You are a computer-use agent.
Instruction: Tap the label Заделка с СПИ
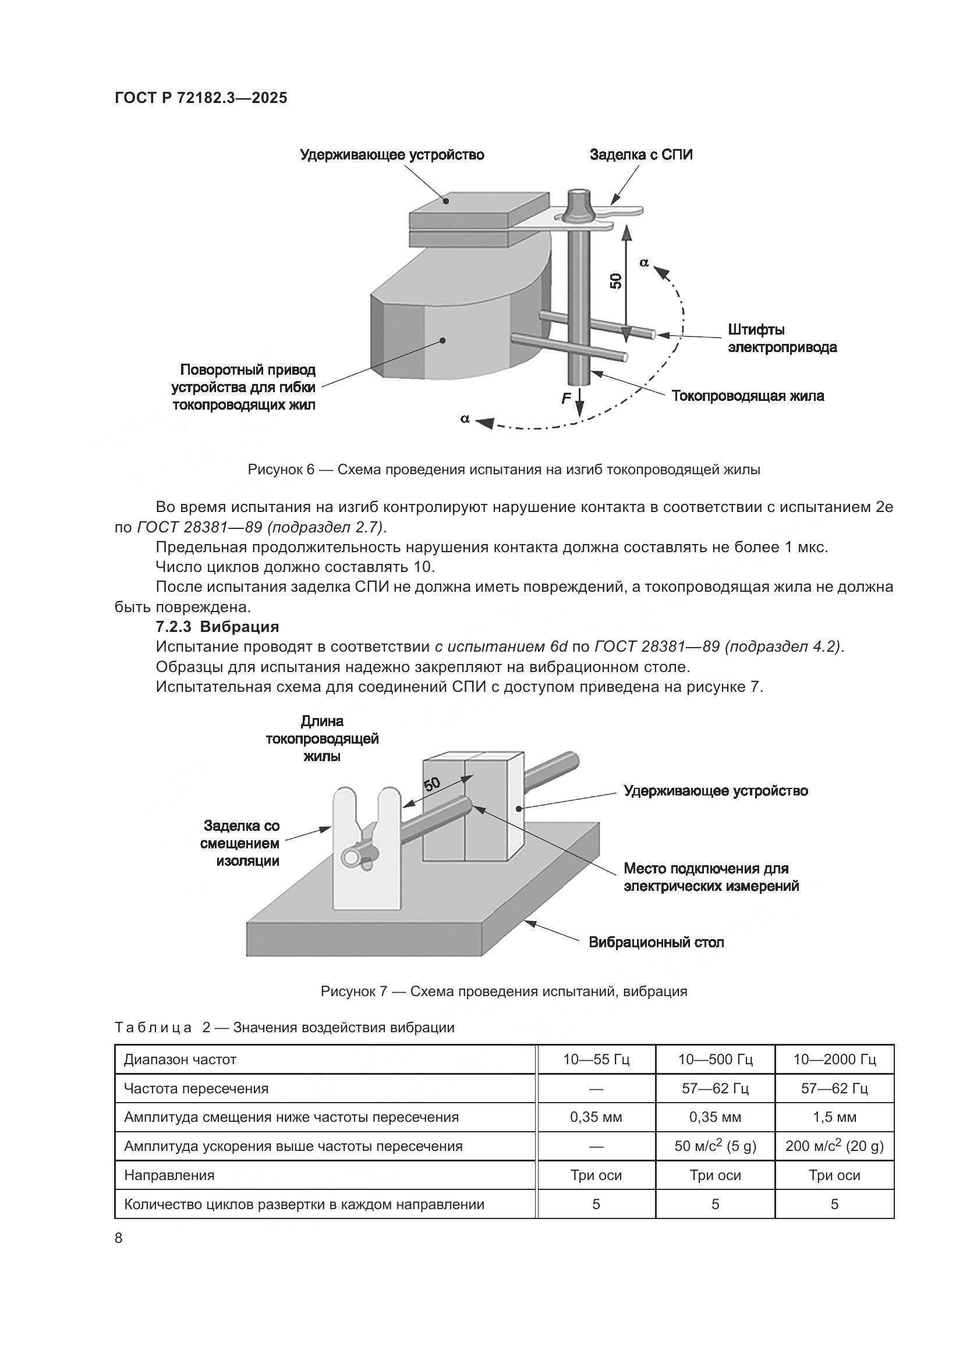[640, 155]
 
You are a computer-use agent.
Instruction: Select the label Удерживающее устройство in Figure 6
[392, 155]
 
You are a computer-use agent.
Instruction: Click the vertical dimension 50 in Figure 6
[617, 280]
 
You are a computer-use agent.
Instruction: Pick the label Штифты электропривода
[781, 339]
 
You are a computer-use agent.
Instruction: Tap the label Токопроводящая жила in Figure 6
[747, 396]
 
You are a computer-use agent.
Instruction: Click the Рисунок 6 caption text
[504, 470]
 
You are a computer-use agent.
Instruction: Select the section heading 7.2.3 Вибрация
[217, 627]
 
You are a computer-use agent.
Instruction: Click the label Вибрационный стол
[656, 943]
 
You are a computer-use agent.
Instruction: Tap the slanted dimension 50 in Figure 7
[431, 784]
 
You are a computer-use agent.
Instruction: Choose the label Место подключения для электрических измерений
[710, 877]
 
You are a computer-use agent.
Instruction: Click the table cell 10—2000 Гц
[834, 1059]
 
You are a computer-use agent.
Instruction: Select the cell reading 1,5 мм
[834, 1117]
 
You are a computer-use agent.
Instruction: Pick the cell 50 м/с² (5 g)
[714, 1146]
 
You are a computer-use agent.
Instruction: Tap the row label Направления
[169, 1175]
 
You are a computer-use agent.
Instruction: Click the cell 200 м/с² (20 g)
[834, 1146]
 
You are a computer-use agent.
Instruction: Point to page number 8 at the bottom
[119, 1238]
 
